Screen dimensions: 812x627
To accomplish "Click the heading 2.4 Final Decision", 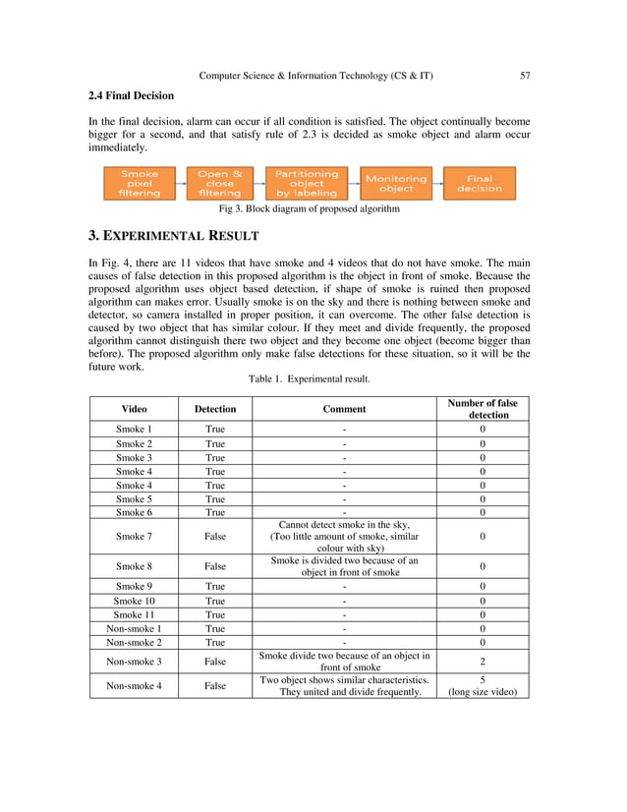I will [131, 96].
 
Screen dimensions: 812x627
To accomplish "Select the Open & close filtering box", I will [219, 183].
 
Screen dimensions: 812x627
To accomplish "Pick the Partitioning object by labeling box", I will [306, 183].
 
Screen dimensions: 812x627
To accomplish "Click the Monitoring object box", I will [396, 183].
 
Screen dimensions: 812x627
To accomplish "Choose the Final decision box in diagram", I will [479, 183].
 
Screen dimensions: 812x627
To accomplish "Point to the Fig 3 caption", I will [309, 208].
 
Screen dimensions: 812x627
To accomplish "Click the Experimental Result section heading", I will [174, 236].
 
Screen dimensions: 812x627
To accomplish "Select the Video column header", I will [135, 409].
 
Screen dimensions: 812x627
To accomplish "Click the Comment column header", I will [344, 409].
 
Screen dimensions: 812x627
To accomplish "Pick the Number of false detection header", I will [483, 409].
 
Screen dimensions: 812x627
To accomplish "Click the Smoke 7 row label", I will [135, 537].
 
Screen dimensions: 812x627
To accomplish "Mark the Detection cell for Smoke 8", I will [215, 567].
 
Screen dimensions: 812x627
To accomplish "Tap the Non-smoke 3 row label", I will [135, 662].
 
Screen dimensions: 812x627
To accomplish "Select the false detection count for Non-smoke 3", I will [483, 662].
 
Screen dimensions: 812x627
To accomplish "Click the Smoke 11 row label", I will [135, 614].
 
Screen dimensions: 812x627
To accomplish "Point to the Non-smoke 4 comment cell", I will [344, 685].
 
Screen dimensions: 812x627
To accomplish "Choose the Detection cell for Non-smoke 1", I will [215, 628].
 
